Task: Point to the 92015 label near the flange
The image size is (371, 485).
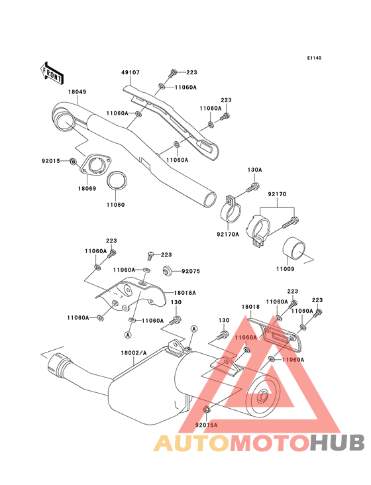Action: [50, 161]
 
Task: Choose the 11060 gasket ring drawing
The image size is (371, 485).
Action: [117, 180]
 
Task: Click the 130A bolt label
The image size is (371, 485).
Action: [255, 170]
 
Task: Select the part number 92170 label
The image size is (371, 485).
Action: [277, 194]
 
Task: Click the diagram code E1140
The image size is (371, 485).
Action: [313, 58]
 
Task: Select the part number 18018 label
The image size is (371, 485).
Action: [250, 307]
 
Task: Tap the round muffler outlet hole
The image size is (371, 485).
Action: [261, 398]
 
